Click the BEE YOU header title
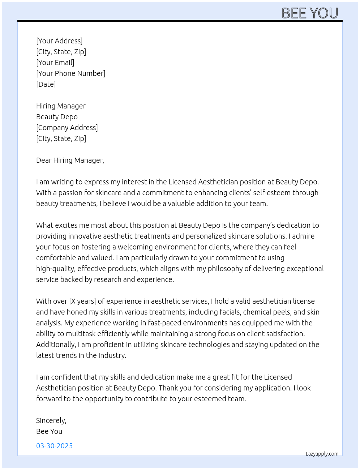click(x=310, y=13)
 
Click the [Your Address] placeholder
click(x=59, y=41)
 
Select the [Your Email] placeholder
click(x=55, y=63)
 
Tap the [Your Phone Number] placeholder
click(x=71, y=73)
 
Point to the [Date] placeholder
click(x=46, y=84)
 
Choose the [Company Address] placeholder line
click(x=67, y=128)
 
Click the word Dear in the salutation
click(x=44, y=160)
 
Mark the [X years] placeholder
click(x=82, y=301)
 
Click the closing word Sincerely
click(x=51, y=420)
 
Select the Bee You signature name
click(x=49, y=431)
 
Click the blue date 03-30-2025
click(x=54, y=446)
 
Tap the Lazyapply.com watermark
click(x=322, y=454)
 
